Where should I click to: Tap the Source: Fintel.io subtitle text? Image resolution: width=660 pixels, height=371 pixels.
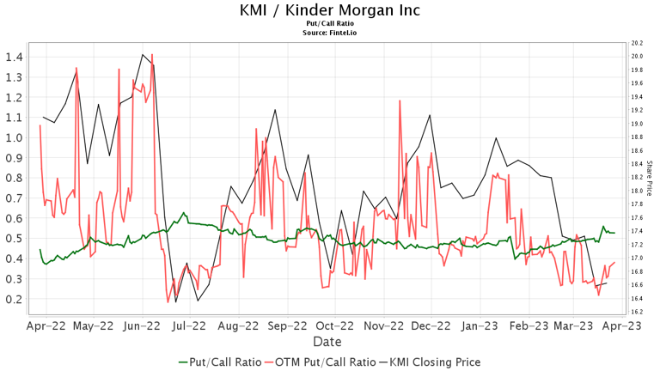pyautogui.click(x=330, y=33)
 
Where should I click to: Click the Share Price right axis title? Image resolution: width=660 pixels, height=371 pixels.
pyautogui.click(x=649, y=177)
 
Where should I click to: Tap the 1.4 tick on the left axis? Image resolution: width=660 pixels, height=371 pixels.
pyautogui.click(x=14, y=57)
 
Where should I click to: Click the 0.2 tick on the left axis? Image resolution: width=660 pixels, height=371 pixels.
pyautogui.click(x=14, y=299)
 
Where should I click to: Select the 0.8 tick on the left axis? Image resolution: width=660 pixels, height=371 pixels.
pyautogui.click(x=14, y=178)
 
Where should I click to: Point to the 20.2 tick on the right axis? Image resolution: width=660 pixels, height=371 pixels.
pyautogui.click(x=637, y=43)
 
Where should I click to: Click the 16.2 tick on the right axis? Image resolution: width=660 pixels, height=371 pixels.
pyautogui.click(x=637, y=312)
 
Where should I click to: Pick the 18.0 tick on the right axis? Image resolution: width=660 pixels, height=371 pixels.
pyautogui.click(x=637, y=191)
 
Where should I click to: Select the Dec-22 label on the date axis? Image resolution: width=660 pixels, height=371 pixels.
pyautogui.click(x=430, y=326)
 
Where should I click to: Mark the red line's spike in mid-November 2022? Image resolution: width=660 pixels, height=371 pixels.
pyautogui.click(x=400, y=100)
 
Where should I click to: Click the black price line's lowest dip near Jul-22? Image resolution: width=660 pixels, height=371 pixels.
pyautogui.click(x=176, y=301)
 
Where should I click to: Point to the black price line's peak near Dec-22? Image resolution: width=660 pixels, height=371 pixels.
pyautogui.click(x=430, y=115)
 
